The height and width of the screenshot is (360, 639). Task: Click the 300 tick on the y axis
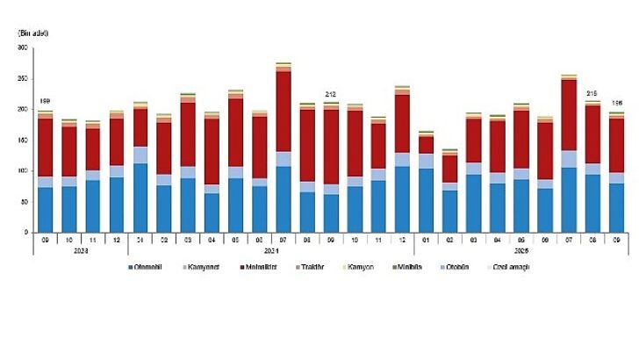tap(23, 47)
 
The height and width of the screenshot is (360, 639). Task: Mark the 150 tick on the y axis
tap(23, 140)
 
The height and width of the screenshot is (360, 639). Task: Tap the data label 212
tap(331, 94)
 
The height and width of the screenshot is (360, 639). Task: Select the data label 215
tap(592, 93)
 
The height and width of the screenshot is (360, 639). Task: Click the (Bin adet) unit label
tap(32, 32)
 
